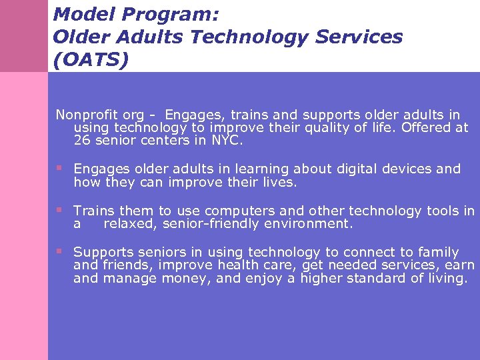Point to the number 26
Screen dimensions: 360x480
(82, 141)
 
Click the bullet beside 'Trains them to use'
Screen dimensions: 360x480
(59, 209)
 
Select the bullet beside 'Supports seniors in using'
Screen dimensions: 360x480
(59, 251)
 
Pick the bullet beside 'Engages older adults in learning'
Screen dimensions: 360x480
(59, 167)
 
